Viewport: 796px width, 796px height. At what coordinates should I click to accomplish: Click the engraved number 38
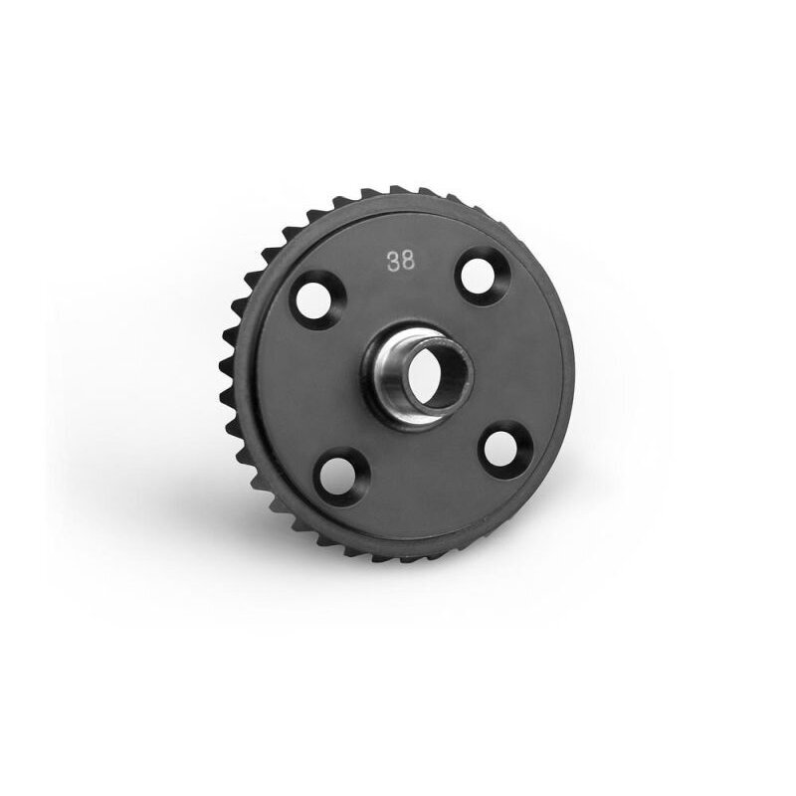click(401, 261)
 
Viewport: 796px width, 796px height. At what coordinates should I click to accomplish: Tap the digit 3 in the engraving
click(393, 262)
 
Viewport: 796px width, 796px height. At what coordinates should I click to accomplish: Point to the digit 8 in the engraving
click(408, 261)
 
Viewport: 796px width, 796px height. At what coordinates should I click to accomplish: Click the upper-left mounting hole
click(311, 301)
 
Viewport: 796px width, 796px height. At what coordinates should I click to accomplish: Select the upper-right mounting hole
click(478, 277)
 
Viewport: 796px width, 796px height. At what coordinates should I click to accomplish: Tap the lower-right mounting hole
click(500, 450)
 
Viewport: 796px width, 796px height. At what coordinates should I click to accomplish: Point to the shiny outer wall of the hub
click(390, 376)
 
